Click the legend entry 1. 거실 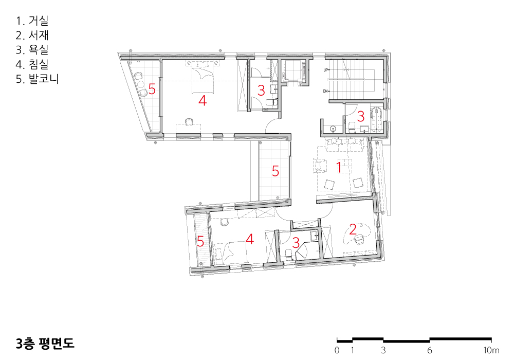(x=32, y=21)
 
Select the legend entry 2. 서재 (x=32, y=35)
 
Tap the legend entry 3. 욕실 (x=32, y=49)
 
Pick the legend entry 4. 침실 (x=32, y=64)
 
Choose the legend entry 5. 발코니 (x=37, y=79)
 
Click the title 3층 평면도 (x=45, y=343)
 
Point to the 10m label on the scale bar (x=491, y=351)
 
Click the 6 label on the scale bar (x=429, y=351)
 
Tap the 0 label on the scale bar (x=337, y=351)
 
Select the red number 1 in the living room (x=339, y=167)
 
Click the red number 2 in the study (x=353, y=229)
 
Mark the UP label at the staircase (x=325, y=70)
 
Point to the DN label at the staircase (x=325, y=91)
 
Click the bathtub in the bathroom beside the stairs (x=377, y=119)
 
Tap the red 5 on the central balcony (x=276, y=171)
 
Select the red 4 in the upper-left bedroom (x=203, y=100)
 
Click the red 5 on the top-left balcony (x=152, y=89)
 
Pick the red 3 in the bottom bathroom (x=296, y=243)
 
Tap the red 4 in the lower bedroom (x=250, y=239)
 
